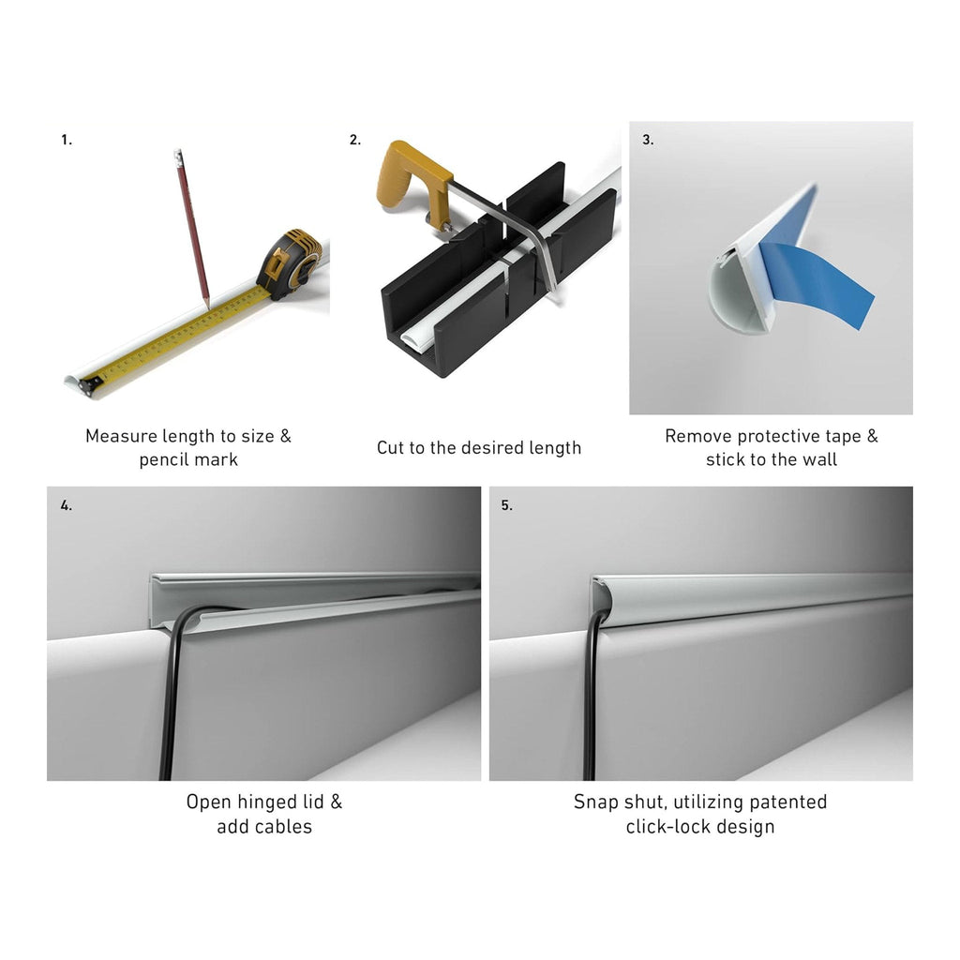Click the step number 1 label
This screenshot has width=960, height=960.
[67, 141]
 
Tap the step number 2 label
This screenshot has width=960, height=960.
[355, 141]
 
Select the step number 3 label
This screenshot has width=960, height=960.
[648, 141]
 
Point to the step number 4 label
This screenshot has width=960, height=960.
[67, 505]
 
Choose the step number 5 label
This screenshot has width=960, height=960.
[507, 505]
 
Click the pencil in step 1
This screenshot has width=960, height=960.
[192, 228]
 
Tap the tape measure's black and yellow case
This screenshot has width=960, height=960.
[289, 263]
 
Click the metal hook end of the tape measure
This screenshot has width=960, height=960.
[91, 385]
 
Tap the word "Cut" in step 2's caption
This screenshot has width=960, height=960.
[389, 447]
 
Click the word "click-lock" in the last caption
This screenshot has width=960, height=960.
[667, 827]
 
